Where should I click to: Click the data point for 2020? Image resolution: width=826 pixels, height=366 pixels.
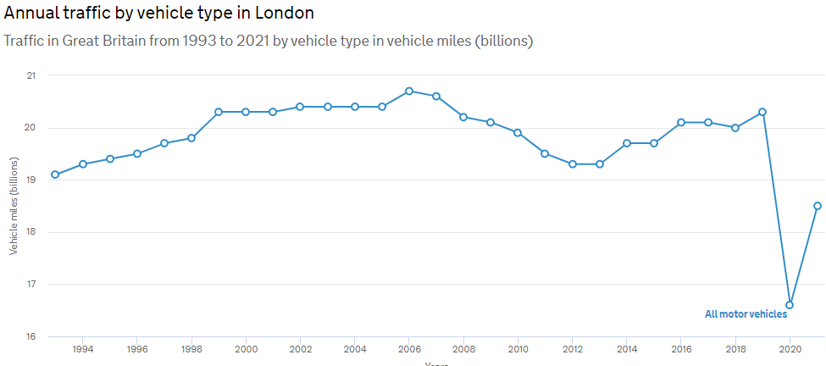click(790, 305)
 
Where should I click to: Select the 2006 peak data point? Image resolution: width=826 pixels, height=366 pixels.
click(409, 91)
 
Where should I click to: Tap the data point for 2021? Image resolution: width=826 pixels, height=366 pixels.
click(818, 206)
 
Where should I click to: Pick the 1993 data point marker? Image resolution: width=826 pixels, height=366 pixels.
click(55, 175)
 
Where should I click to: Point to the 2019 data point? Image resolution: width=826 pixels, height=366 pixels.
click(762, 112)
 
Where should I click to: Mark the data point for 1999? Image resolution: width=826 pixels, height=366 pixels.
click(219, 112)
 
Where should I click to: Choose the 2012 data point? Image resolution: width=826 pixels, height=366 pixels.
click(572, 164)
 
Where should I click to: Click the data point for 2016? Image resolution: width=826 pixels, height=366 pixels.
click(681, 122)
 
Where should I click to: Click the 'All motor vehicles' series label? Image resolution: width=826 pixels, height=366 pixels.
click(746, 314)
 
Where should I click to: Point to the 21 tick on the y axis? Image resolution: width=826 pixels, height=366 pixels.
click(31, 76)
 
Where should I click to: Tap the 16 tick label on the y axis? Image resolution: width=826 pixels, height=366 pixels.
click(31, 337)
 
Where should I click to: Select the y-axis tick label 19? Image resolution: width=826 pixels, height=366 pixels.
click(31, 180)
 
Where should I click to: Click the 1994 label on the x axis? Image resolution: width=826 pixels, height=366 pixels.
click(82, 349)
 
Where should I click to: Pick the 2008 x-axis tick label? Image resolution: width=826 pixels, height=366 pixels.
click(463, 349)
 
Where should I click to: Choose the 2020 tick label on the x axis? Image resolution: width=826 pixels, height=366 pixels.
click(790, 349)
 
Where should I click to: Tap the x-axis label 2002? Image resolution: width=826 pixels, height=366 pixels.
click(300, 349)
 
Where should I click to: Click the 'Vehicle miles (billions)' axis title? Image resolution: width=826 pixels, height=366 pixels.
click(14, 207)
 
